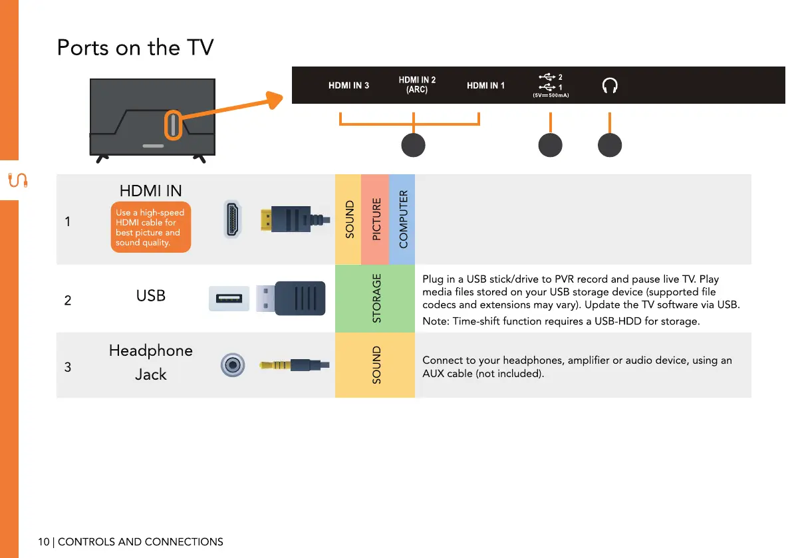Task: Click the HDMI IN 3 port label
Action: [348, 85]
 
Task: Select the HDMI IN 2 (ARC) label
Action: [417, 84]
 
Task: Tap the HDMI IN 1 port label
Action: [485, 85]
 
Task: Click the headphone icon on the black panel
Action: [610, 85]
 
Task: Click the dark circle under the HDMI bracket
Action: [413, 145]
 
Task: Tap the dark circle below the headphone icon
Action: [610, 145]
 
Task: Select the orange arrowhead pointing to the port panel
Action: [275, 100]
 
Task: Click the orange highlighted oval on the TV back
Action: [173, 125]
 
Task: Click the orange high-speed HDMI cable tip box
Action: [150, 227]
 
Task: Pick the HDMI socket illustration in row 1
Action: [232, 219]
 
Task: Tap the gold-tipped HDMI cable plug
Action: [295, 219]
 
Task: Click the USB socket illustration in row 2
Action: [229, 299]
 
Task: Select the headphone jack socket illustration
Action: [232, 364]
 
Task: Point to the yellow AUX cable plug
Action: [294, 364]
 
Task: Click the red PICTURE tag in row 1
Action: [375, 219]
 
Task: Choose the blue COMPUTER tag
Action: [402, 219]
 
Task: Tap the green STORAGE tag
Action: [375, 299]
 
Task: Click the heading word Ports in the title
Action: [83, 47]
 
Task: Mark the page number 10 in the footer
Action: [43, 542]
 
